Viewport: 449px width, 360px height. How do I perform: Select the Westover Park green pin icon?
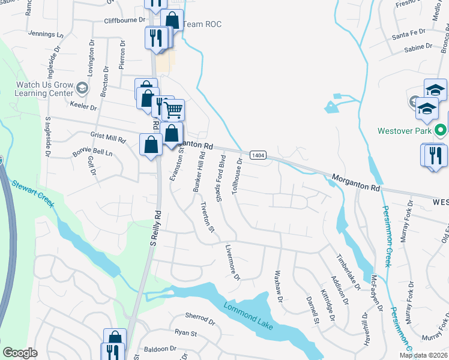[x=441, y=130]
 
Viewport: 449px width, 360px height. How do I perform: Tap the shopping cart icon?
[x=173, y=110]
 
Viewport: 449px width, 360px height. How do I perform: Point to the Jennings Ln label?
[x=45, y=35]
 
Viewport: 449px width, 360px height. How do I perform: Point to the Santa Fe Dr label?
[x=408, y=35]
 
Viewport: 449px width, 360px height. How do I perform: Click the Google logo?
[x=20, y=353]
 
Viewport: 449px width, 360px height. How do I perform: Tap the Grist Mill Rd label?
[x=108, y=137]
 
